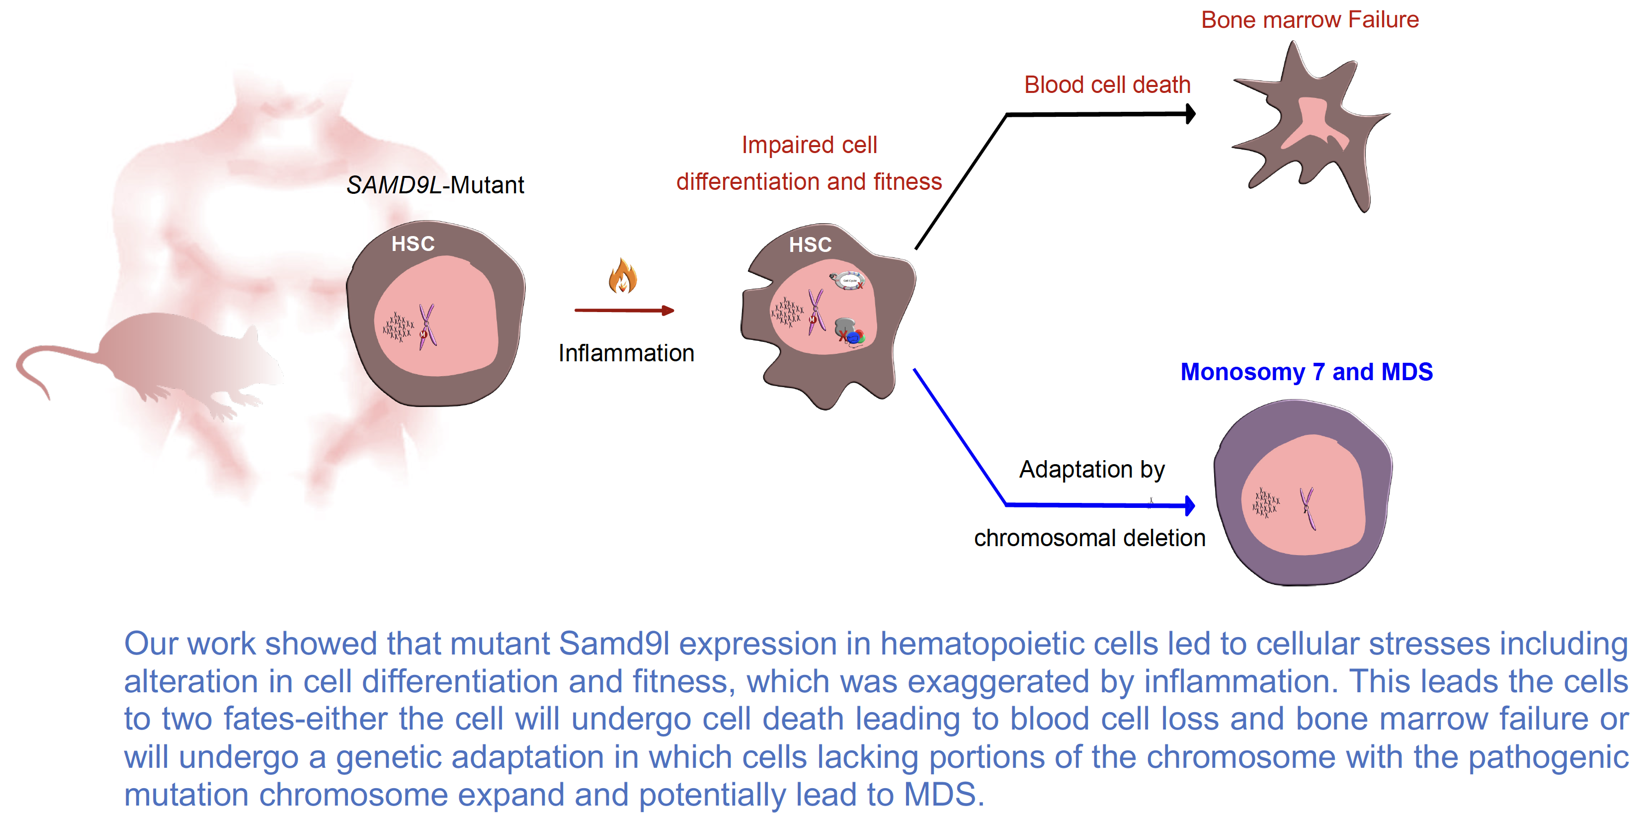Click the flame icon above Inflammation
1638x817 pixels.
(623, 276)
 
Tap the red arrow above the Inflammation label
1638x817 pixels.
(624, 310)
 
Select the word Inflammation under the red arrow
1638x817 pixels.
(626, 353)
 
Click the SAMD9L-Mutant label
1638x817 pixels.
(435, 185)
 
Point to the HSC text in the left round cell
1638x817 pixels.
(412, 244)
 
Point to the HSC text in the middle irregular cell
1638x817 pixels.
(810, 245)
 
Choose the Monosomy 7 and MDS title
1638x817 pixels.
(1306, 372)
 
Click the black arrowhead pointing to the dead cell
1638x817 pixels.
(1190, 114)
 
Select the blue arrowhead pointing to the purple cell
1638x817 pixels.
(1190, 505)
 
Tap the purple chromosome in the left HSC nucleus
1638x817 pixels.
(427, 326)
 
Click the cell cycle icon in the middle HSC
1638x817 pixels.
(848, 280)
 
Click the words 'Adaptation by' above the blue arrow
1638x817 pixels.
(1091, 469)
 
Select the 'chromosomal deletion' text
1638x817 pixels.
(1089, 538)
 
